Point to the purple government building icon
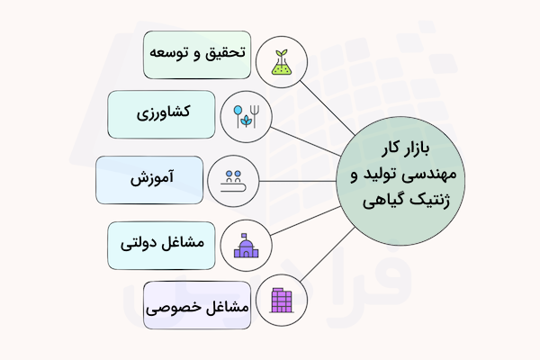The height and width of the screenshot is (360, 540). click(x=243, y=245)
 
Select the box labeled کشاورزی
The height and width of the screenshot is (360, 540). click(x=161, y=114)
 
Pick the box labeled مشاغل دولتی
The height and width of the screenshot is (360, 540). click(x=161, y=245)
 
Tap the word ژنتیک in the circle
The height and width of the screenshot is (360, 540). click(x=432, y=195)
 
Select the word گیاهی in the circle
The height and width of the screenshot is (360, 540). click(x=386, y=195)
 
